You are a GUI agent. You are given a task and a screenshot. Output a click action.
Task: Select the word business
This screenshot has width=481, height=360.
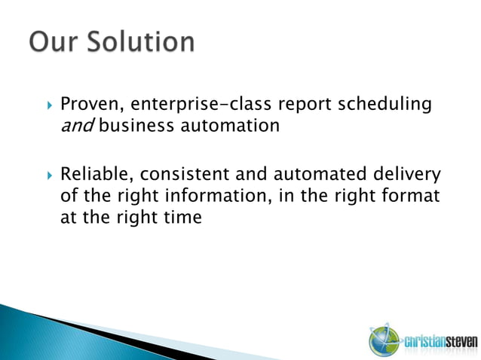pos(136,126)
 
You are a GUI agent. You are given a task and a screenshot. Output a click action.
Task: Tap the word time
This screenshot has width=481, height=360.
pos(184,218)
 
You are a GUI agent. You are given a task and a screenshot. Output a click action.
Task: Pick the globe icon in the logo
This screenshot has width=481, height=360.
pos(382,340)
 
